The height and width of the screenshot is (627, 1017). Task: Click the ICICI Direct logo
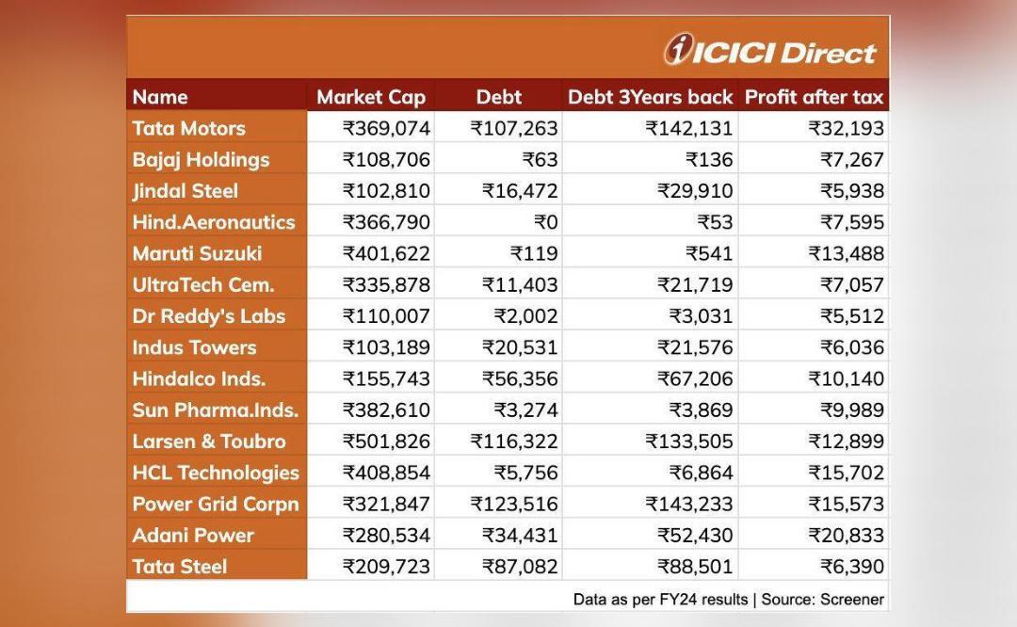pyautogui.click(x=770, y=50)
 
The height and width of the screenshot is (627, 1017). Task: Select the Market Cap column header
pyautogui.click(x=371, y=97)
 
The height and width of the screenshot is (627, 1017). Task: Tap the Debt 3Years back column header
pyautogui.click(x=650, y=97)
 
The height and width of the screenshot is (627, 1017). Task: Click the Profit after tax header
pyautogui.click(x=814, y=97)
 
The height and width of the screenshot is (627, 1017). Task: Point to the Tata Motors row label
pyautogui.click(x=188, y=128)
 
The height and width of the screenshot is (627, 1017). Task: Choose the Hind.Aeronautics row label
pyautogui.click(x=214, y=222)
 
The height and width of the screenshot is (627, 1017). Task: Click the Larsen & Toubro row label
pyautogui.click(x=209, y=441)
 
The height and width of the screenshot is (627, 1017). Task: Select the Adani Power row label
pyautogui.click(x=193, y=535)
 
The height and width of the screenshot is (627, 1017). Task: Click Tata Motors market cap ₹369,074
pyautogui.click(x=386, y=128)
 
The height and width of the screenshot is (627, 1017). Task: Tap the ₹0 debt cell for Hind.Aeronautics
pyautogui.click(x=545, y=222)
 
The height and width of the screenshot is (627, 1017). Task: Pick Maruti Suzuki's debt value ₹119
pyautogui.click(x=534, y=253)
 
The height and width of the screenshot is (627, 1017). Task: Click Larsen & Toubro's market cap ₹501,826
pyautogui.click(x=386, y=441)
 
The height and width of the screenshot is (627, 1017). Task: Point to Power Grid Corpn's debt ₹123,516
pyautogui.click(x=514, y=504)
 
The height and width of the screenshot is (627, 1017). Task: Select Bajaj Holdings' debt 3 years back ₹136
pyautogui.click(x=710, y=159)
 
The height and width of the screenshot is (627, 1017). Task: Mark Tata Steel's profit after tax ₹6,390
pyautogui.click(x=852, y=566)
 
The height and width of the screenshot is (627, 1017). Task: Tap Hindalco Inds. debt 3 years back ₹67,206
pyautogui.click(x=695, y=378)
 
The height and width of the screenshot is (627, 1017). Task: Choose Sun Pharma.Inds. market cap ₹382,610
pyautogui.click(x=386, y=410)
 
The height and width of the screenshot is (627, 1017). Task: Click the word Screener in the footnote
pyautogui.click(x=851, y=599)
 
